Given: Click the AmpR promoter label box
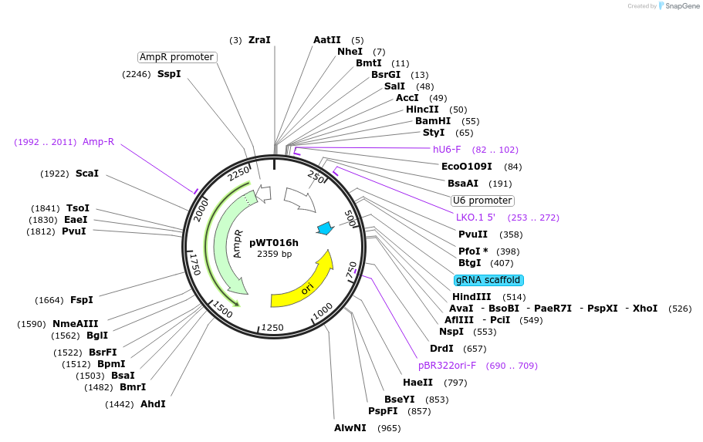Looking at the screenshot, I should [177, 57].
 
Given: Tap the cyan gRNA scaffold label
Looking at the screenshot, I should [488, 280].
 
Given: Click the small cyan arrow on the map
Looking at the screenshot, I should [325, 228].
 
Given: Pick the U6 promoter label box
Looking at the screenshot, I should [482, 201].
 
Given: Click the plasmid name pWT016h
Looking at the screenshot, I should [274, 242].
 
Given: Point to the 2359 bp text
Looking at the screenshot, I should [274, 254].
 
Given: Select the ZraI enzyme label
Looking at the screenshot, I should [259, 39].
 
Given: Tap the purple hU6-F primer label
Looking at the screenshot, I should [447, 149].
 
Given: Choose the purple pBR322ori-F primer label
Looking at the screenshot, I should [448, 366].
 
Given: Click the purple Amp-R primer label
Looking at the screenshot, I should [98, 141].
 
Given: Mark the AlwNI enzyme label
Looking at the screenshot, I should [350, 427].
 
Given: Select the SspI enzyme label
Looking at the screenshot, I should [169, 74].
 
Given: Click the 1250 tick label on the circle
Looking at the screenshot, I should [273, 328].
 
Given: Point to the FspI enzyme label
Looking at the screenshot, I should [81, 299].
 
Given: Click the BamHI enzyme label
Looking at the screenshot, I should [433, 121].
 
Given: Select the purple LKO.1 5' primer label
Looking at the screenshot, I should [475, 218].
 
